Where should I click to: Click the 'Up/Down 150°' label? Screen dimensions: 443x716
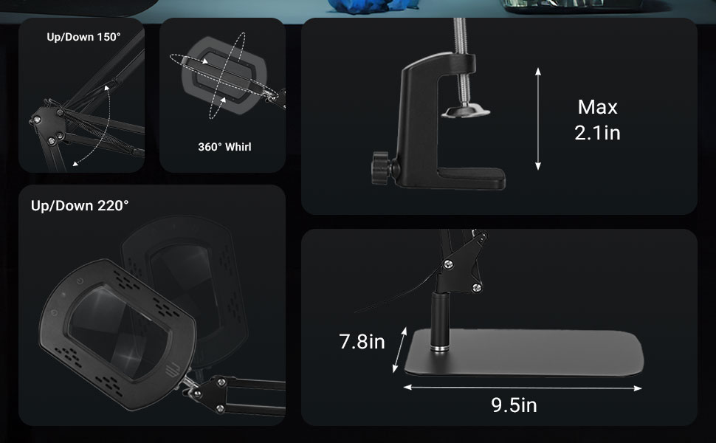tap(83, 37)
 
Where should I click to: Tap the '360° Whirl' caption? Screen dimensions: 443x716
tap(224, 147)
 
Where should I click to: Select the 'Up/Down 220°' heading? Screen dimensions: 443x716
tap(80, 205)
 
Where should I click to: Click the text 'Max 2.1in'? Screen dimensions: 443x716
tap(597, 120)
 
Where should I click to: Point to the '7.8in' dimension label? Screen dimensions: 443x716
tap(362, 342)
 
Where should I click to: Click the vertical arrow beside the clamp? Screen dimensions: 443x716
tap(538, 118)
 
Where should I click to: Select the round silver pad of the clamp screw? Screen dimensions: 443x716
tap(465, 111)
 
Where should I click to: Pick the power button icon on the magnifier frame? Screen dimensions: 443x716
tap(78, 284)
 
